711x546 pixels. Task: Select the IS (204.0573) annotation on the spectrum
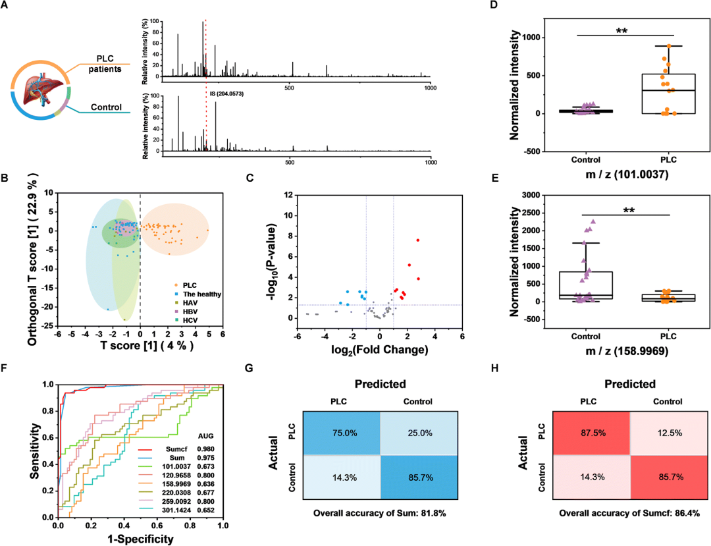click(x=227, y=94)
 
